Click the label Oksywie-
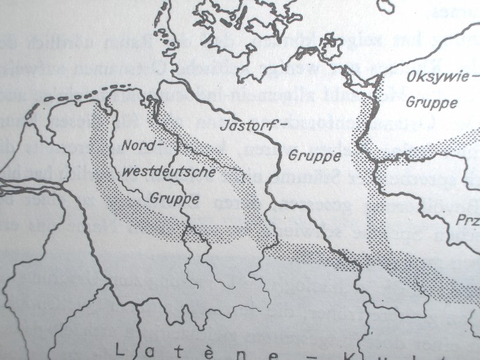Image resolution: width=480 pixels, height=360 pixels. [x=438, y=82]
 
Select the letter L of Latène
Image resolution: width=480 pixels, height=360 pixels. [x=120, y=350]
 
